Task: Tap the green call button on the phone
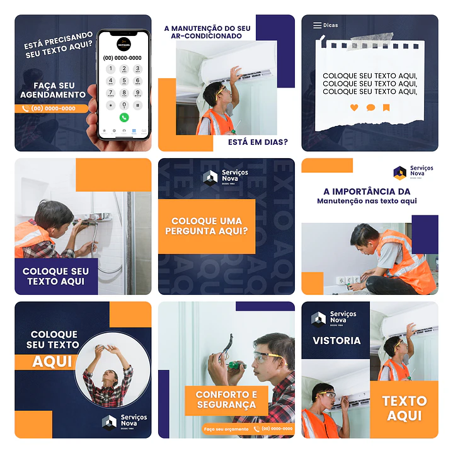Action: (123, 117)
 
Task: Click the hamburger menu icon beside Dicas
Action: (317, 26)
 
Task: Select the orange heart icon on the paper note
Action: (353, 108)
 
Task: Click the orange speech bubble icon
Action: (370, 108)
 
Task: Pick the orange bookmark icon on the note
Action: (386, 108)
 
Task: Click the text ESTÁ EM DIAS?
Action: (258, 142)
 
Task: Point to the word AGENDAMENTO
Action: (53, 95)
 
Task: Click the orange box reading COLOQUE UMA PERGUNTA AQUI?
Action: (207, 226)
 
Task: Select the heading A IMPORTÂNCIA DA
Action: (366, 191)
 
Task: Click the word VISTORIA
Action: (336, 341)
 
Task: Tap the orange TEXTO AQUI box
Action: (404, 408)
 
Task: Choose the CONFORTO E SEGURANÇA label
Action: (226, 399)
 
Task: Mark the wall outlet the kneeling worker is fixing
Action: (347, 279)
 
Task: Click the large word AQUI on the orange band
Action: (52, 362)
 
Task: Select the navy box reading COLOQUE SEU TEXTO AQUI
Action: (56, 276)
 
